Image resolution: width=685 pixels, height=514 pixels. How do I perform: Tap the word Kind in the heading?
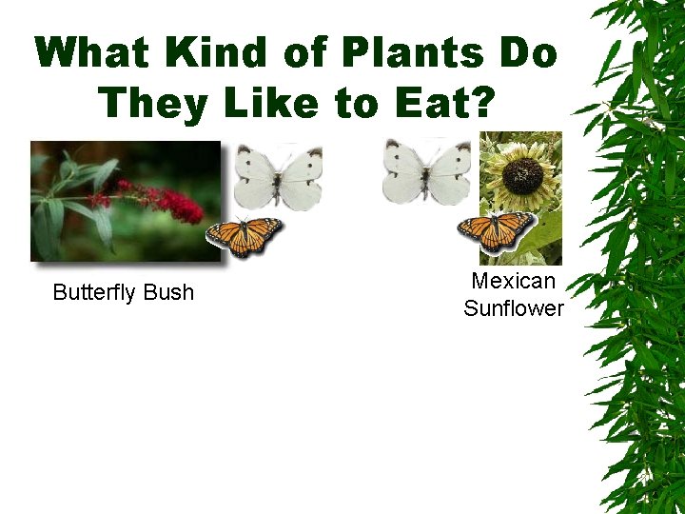[x=221, y=53]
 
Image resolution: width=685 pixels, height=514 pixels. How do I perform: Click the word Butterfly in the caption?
[x=93, y=292]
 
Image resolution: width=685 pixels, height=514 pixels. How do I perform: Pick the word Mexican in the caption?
[x=513, y=281]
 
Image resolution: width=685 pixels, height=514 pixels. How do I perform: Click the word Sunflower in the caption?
[x=514, y=308]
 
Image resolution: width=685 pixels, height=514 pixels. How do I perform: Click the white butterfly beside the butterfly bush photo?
[x=278, y=175]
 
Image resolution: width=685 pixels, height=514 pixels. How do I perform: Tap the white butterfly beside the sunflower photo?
[x=426, y=171]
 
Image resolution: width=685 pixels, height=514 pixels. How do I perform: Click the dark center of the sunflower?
[x=521, y=175]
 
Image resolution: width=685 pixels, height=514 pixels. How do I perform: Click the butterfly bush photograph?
[x=125, y=201]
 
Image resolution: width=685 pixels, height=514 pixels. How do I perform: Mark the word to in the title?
[x=357, y=101]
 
